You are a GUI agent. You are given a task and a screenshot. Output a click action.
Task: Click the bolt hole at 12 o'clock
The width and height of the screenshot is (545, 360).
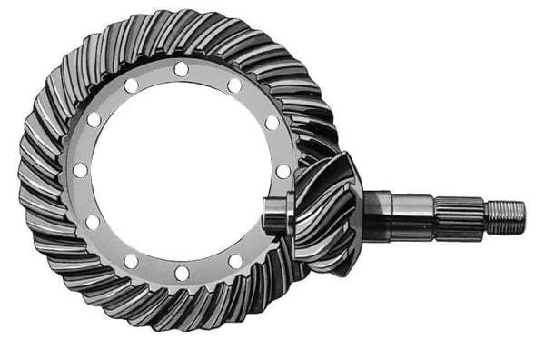coord(182,69)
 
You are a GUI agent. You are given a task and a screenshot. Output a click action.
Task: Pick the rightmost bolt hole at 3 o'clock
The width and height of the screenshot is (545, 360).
coord(283,171)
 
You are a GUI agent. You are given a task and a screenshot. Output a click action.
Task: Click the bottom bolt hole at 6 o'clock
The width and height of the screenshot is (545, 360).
coord(182,273)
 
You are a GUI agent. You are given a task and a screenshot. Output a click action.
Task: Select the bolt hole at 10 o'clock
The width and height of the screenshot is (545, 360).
coord(94,120)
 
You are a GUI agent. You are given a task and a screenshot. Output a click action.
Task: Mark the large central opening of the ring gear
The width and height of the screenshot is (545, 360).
coord(182,171)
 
